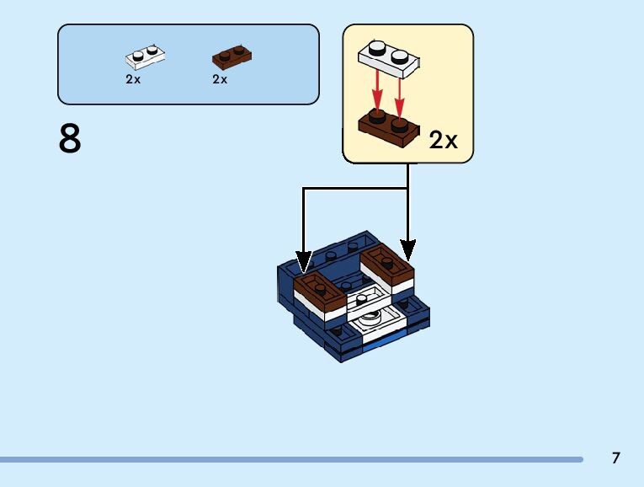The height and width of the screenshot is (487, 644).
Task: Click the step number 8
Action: pos(70,139)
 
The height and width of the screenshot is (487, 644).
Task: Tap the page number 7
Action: pos(616,458)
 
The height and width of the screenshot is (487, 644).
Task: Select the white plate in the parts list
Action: pos(145,56)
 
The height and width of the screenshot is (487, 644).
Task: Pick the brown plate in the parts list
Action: pos(232,56)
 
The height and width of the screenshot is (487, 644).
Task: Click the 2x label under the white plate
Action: pos(133,79)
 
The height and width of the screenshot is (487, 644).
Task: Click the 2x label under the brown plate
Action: pos(220,79)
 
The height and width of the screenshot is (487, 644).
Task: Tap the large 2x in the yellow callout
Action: pos(443,139)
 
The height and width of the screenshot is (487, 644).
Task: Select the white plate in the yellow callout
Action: pos(388,55)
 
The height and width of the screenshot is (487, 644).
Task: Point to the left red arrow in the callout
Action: pos(378,88)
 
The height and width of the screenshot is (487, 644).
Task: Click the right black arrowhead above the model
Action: pos(407,249)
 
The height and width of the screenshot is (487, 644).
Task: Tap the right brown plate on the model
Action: pos(387,265)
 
